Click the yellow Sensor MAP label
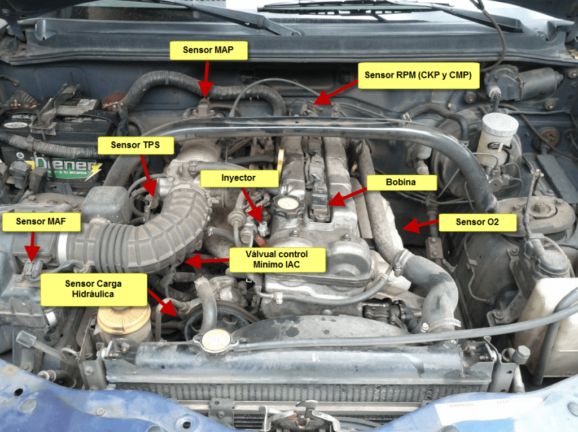tap(208, 50)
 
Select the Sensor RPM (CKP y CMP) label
tap(418, 75)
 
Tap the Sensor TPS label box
tap(135, 145)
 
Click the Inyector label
tap(239, 178)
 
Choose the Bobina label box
tap(401, 183)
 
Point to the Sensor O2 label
tap(478, 222)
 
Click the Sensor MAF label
tap(41, 222)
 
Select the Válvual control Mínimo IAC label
tap(277, 260)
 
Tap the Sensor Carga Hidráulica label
tap(93, 289)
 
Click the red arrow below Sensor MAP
tap(205, 79)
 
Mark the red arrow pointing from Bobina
tap(347, 197)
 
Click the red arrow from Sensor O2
tap(420, 225)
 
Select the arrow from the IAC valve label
tap(207, 261)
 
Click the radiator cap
tap(215, 340)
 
